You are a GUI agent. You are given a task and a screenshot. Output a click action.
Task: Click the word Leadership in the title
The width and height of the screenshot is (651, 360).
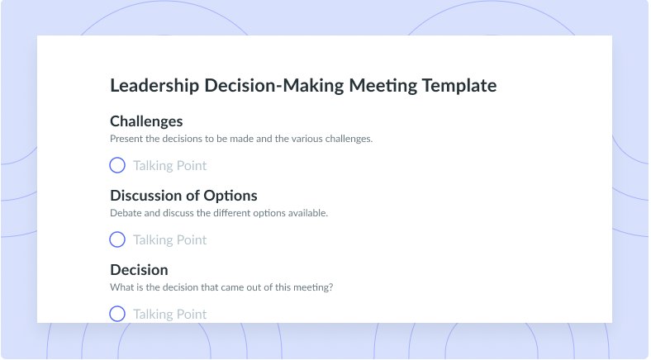(x=154, y=86)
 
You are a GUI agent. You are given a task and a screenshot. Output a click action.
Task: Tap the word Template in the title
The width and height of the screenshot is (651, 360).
(x=459, y=86)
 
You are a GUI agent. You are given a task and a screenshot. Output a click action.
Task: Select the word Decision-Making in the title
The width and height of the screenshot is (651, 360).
(x=274, y=86)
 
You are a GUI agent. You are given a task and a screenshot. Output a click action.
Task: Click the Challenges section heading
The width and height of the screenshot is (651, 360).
(x=146, y=121)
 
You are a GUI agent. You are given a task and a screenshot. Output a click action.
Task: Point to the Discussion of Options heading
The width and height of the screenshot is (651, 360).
(x=183, y=196)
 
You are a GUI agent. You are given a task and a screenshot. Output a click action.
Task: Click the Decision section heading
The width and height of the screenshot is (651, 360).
(x=139, y=270)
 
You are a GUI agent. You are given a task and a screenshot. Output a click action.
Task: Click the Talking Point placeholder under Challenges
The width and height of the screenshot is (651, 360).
(x=170, y=165)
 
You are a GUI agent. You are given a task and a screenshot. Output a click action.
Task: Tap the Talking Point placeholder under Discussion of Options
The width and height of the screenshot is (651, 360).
(x=170, y=239)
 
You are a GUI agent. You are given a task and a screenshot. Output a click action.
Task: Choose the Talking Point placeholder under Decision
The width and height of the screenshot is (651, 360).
(x=170, y=314)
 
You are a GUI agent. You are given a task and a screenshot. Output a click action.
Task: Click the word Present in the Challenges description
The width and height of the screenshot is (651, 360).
(x=126, y=139)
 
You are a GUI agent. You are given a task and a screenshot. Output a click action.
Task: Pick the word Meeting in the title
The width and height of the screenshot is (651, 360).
(x=383, y=86)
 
